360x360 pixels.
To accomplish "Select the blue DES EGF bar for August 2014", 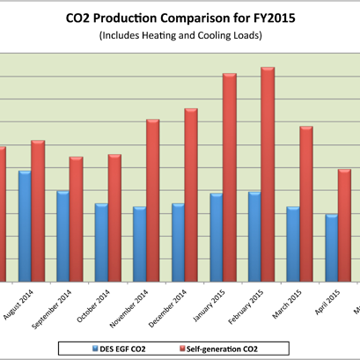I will coord(25,225).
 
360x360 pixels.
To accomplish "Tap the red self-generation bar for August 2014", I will coord(37,210).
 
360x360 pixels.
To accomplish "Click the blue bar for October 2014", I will coord(101,242).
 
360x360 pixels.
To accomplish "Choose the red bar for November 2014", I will coord(152,200).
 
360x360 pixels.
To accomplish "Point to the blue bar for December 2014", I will coord(178,242).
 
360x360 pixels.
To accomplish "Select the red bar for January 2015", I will coord(229,177).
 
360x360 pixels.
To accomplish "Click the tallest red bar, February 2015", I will coord(268,174).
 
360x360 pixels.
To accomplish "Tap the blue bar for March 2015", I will coord(293,244).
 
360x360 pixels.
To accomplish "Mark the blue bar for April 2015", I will coord(331,247).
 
